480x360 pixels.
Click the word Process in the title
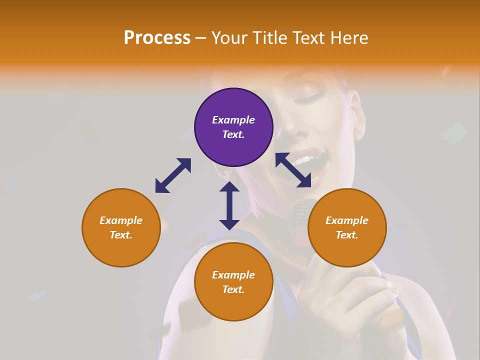pyautogui.click(x=157, y=38)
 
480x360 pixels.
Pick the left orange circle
pyautogui.click(x=121, y=227)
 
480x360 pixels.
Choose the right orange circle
pyautogui.click(x=347, y=227)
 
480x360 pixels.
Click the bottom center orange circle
pyautogui.click(x=233, y=282)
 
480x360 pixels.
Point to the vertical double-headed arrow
pyautogui.click(x=229, y=205)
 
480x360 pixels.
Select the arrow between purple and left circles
pyautogui.click(x=173, y=175)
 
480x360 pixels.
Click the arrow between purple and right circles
pyautogui.click(x=293, y=170)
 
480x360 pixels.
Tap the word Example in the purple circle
pyautogui.click(x=233, y=120)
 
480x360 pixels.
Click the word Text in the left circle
pyautogui.click(x=120, y=235)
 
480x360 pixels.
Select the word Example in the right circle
pyautogui.click(x=347, y=220)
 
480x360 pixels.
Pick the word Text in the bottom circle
pyautogui.click(x=233, y=289)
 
